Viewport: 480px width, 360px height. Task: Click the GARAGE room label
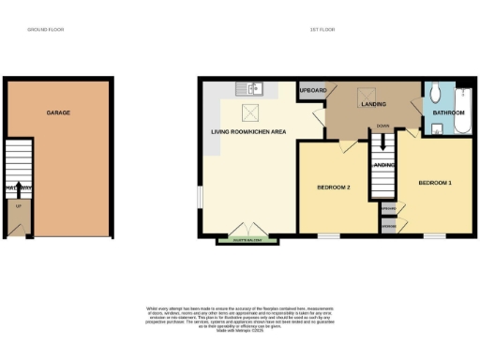(59, 112)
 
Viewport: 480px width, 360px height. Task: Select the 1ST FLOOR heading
(323, 30)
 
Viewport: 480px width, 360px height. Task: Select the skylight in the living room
(251, 113)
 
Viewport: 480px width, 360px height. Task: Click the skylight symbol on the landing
(369, 94)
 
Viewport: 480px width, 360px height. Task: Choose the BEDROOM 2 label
(333, 187)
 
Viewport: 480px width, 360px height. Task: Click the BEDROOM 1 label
(435, 182)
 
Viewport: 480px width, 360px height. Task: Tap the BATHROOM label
(448, 112)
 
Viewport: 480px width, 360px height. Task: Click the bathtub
(464, 110)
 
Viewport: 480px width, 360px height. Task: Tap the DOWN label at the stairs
(382, 125)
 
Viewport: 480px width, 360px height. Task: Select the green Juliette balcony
(248, 240)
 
